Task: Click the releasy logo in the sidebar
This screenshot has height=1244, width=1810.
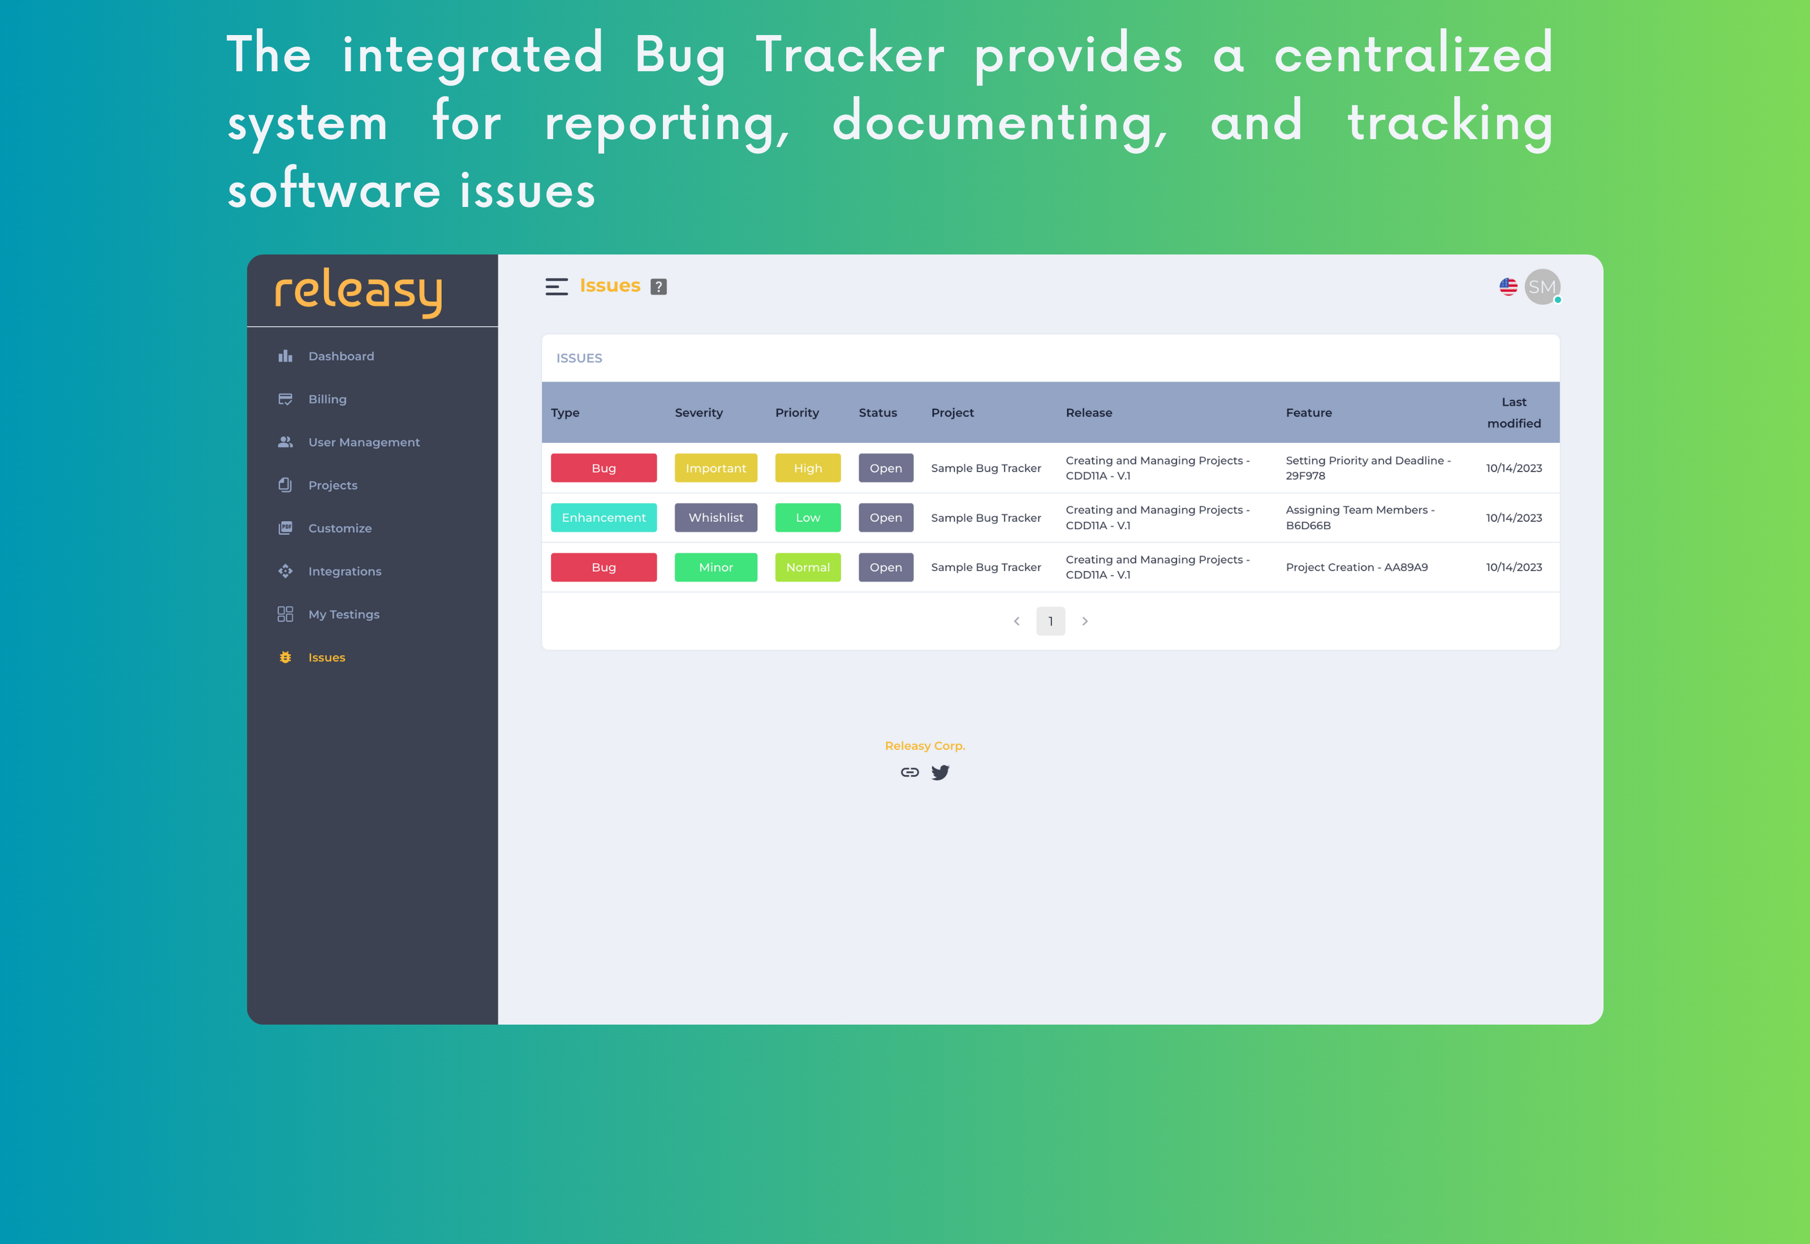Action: tap(359, 292)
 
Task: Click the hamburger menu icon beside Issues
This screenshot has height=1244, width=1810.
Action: tap(557, 287)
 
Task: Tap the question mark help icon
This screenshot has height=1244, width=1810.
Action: tap(659, 287)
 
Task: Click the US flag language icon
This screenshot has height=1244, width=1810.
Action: tap(1509, 287)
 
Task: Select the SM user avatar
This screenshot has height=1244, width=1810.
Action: tap(1542, 287)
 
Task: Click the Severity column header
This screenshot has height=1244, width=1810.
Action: tap(699, 412)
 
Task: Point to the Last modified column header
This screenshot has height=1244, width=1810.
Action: tap(1514, 412)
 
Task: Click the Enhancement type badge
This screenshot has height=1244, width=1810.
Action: tap(604, 517)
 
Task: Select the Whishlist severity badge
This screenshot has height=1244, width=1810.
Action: tap(716, 517)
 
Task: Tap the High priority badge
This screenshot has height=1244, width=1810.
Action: tap(808, 468)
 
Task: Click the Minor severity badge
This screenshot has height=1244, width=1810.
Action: tap(716, 568)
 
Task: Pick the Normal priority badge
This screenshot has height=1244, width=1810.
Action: tap(808, 568)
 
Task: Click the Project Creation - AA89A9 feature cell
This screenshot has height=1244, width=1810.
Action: tap(1356, 568)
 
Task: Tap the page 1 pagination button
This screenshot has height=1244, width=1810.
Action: tap(1050, 621)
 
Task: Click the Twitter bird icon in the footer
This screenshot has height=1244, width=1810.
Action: tap(940, 772)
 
